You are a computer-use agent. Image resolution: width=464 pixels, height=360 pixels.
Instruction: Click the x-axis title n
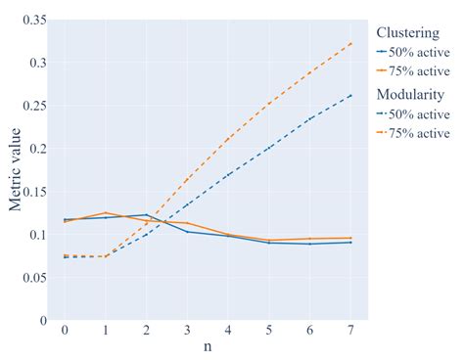click(208, 347)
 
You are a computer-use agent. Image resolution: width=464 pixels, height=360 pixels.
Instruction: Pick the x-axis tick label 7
click(351, 331)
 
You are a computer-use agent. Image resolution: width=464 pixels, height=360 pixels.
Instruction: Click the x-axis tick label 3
click(187, 331)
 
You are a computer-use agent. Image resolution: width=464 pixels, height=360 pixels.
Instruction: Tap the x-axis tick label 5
click(269, 331)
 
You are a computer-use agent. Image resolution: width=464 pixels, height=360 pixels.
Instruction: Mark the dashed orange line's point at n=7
click(351, 43)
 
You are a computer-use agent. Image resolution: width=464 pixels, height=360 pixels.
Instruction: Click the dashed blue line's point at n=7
click(351, 95)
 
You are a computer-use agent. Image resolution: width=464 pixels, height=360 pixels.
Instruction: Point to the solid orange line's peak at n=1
click(105, 212)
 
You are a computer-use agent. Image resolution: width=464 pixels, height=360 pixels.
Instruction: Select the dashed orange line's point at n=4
click(228, 138)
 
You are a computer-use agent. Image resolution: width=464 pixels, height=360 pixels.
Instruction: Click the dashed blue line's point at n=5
click(269, 148)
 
